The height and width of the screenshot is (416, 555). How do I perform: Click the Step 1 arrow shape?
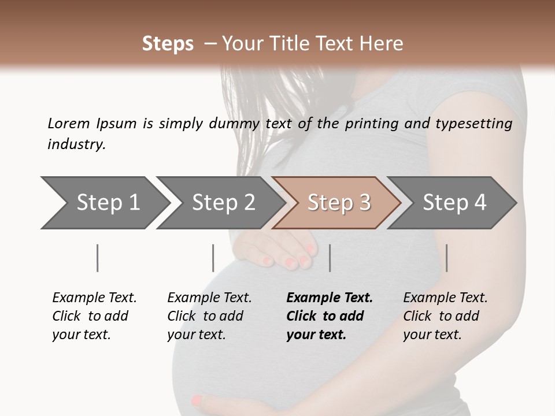[x=104, y=203]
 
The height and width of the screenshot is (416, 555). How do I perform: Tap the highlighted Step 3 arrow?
[x=338, y=203]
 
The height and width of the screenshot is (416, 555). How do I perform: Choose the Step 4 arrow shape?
[x=454, y=203]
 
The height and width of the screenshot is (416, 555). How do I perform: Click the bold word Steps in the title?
[x=168, y=44]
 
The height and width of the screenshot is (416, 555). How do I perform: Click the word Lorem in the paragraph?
[x=69, y=123]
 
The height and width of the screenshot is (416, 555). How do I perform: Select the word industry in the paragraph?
[x=76, y=144]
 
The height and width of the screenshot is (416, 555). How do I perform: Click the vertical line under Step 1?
[x=97, y=258]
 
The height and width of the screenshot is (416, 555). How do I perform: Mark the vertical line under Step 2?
[x=213, y=258]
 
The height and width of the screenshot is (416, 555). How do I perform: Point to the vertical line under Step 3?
[x=330, y=258]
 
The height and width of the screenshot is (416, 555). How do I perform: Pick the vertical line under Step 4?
[x=446, y=258]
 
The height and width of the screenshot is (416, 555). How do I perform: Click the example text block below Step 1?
[x=94, y=316]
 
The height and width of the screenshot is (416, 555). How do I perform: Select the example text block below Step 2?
[x=209, y=316]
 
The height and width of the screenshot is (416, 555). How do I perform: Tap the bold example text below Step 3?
[x=330, y=316]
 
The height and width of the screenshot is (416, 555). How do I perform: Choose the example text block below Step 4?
[x=445, y=316]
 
